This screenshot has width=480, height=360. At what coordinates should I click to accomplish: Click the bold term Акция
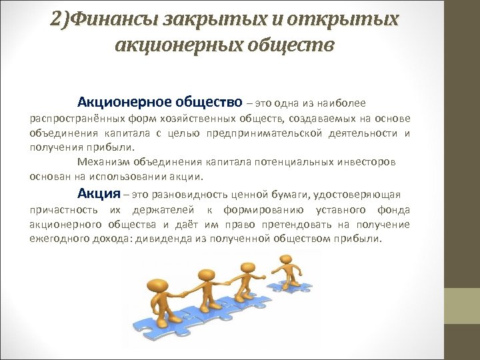(99, 194)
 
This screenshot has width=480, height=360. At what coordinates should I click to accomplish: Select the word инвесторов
(365, 162)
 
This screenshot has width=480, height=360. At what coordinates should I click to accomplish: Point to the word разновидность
(189, 195)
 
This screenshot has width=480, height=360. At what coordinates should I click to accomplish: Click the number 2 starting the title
(55, 18)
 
